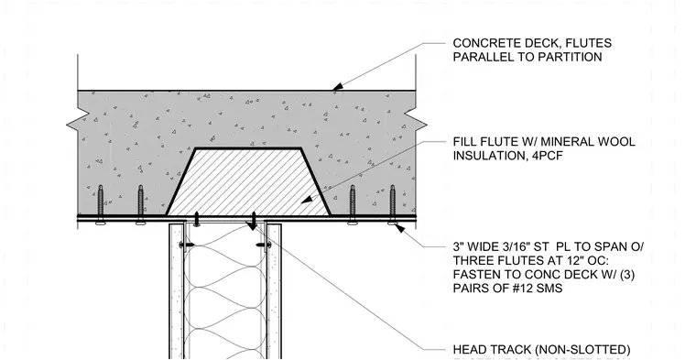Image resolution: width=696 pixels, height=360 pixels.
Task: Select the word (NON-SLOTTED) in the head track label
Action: pos(588,350)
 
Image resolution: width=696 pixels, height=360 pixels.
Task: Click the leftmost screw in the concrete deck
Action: pos(101,204)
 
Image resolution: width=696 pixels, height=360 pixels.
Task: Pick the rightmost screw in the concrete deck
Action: pos(392,204)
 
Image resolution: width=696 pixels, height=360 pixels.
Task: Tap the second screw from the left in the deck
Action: pos(140,204)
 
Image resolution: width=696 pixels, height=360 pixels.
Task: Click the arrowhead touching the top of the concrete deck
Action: pos(338,86)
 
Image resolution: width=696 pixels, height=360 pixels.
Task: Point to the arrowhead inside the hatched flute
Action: pos(307,200)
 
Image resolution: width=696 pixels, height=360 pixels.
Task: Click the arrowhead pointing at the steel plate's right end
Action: pos(399,228)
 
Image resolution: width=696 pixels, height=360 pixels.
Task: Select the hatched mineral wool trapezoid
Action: pos(248,182)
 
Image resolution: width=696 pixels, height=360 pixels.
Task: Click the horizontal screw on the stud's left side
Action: pos(187,245)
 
